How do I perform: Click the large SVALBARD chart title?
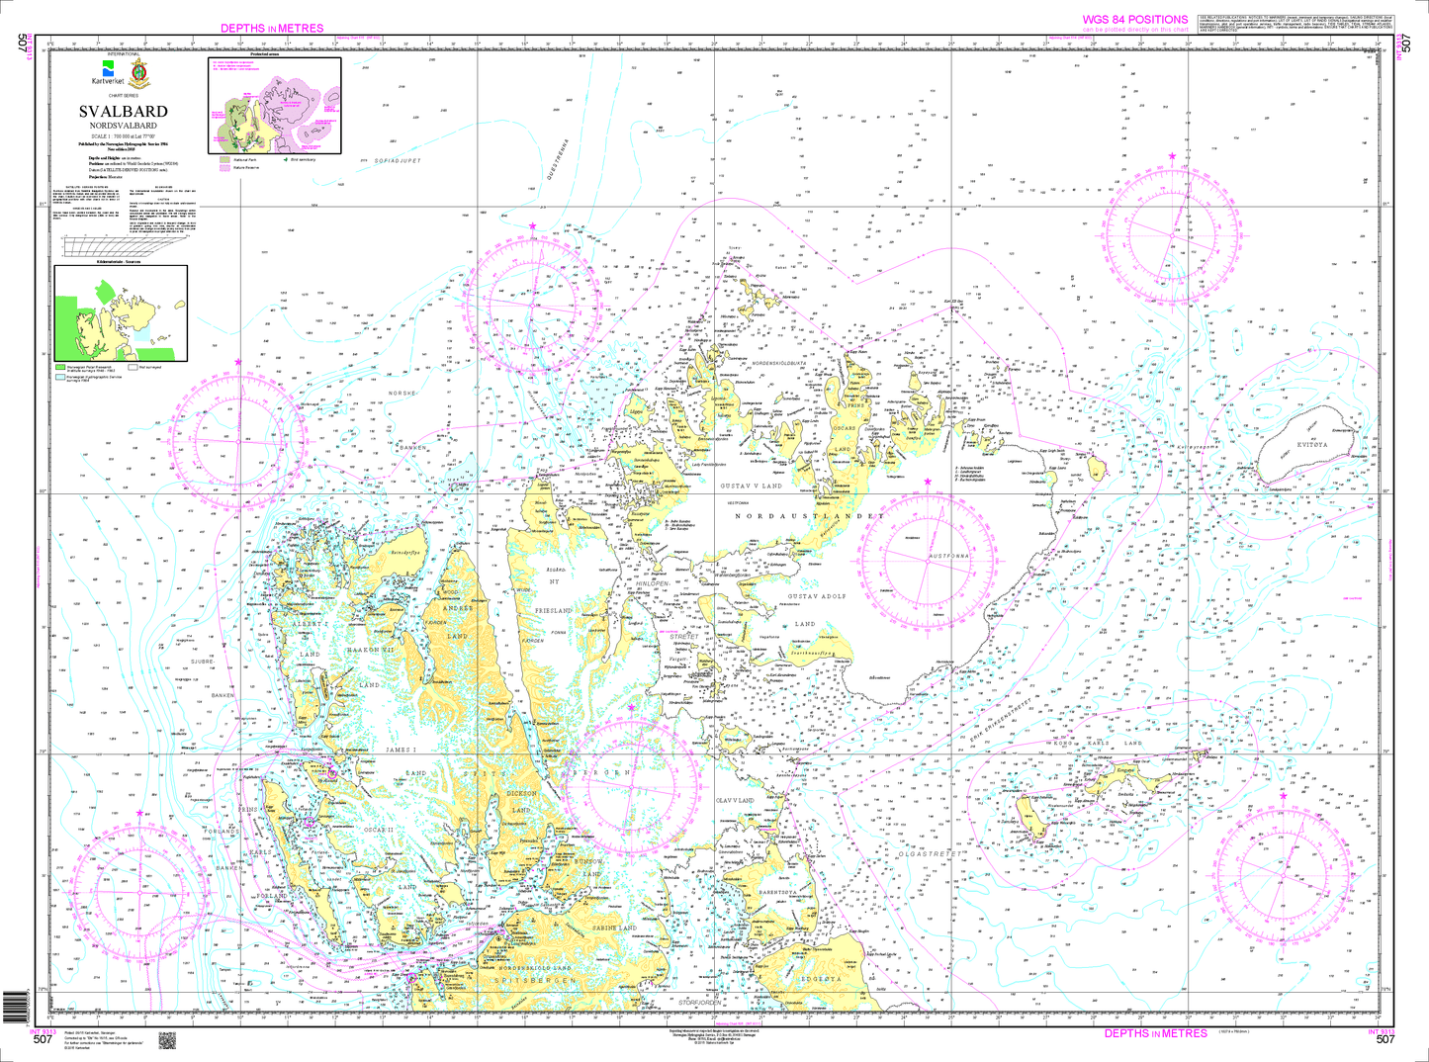124,112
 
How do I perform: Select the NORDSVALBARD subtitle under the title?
124,126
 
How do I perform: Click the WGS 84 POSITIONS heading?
1134,20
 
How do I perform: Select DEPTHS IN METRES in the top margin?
272,29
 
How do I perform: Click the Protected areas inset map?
274,104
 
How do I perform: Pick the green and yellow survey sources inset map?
120,312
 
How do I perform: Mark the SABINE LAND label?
614,929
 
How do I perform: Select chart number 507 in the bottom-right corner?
1384,1039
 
